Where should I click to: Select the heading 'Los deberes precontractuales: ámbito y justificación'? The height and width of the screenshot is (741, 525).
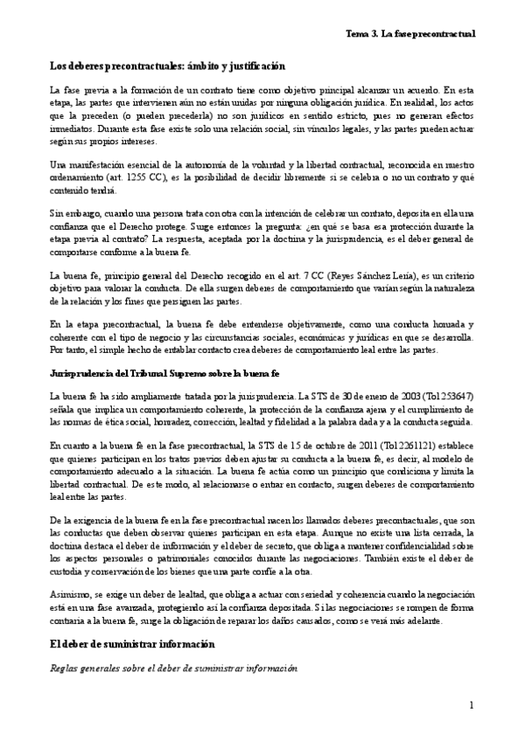[x=167, y=66]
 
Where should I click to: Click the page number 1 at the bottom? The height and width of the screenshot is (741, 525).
[x=471, y=704]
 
